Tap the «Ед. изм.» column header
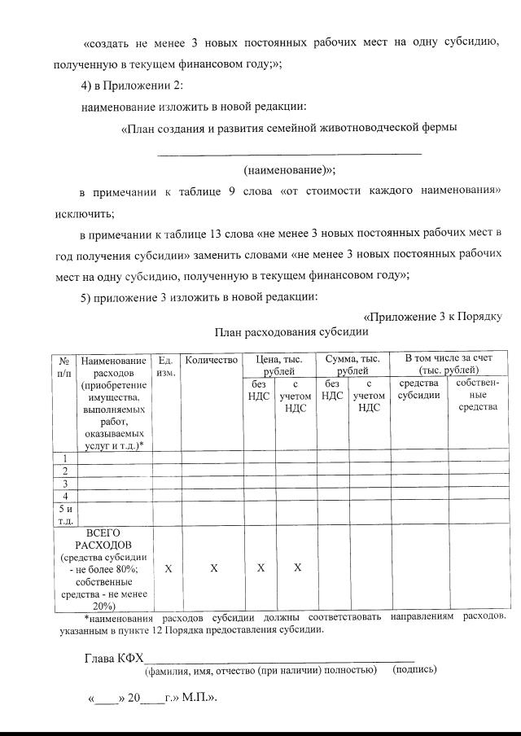coord(166,366)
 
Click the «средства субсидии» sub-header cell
coord(418,389)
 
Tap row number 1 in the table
coord(64,458)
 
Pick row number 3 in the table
coord(64,484)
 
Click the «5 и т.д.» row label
coord(64,515)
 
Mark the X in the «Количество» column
coord(213,568)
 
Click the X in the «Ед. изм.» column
coord(168,568)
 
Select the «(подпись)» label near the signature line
coord(414,670)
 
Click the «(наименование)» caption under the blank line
coord(289,171)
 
